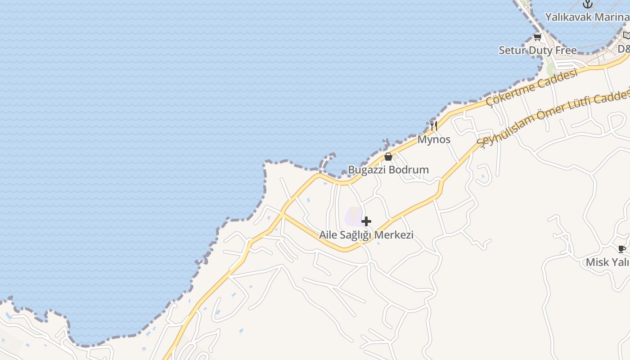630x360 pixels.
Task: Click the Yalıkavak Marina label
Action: [587, 17]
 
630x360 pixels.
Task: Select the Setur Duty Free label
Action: [537, 50]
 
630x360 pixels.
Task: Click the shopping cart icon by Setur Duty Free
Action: [537, 37]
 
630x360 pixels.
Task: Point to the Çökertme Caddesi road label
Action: [532, 87]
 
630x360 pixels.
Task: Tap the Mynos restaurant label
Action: [434, 139]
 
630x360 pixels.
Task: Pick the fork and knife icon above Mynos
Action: [434, 126]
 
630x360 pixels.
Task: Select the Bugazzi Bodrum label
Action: [388, 170]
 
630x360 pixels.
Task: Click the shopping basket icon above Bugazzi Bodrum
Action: [388, 157]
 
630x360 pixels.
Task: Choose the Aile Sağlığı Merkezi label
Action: [366, 234]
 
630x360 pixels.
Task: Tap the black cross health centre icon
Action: [366, 221]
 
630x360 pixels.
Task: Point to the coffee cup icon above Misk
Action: [622, 249]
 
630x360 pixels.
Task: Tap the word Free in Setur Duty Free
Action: [566, 50]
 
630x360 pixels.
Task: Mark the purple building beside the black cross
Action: [354, 216]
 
